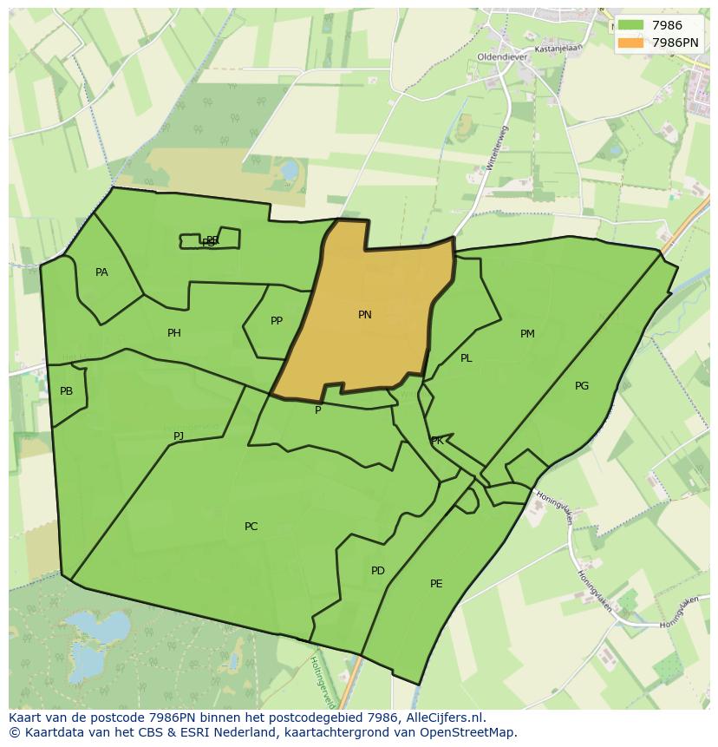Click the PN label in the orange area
(x=365, y=315)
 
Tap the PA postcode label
(x=101, y=272)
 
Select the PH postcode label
(x=174, y=333)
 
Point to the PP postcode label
(x=277, y=321)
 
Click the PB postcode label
(x=67, y=391)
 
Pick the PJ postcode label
(x=179, y=436)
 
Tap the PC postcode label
(x=251, y=527)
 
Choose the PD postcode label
(x=378, y=571)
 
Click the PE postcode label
(x=436, y=584)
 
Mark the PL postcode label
(x=467, y=358)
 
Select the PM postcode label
(x=527, y=334)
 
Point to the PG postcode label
(x=582, y=386)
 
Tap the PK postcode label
(x=437, y=441)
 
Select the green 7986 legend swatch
(x=630, y=26)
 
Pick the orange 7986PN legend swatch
(x=630, y=42)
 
